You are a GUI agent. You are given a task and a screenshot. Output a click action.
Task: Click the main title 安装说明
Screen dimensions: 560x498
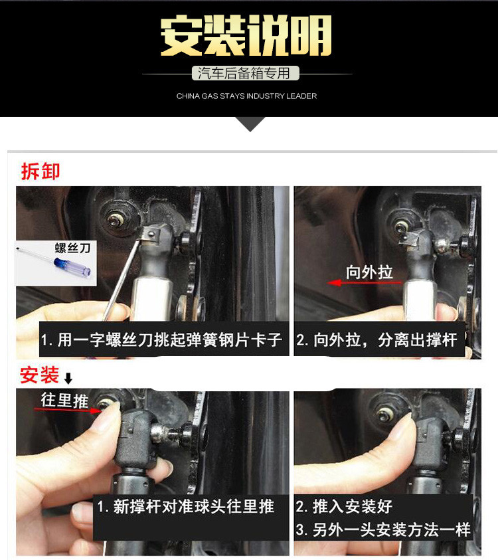[246, 37]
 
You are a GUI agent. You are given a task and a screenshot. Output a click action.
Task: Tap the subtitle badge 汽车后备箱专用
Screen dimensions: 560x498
[246, 73]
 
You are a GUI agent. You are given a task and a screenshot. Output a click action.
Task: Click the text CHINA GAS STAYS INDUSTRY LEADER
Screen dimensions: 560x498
[246, 96]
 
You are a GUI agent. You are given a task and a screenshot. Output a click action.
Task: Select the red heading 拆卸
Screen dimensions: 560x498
[40, 171]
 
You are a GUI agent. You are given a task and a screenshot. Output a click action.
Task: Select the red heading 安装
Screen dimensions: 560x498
[40, 375]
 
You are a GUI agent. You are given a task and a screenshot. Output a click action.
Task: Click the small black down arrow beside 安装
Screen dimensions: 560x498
[68, 379]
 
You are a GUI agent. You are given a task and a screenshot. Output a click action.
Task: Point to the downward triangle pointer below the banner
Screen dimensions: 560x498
[250, 124]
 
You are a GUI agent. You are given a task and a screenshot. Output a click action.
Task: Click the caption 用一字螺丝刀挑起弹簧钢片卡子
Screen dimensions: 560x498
[161, 341]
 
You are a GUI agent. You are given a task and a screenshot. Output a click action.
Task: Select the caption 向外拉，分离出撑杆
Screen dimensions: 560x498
[377, 341]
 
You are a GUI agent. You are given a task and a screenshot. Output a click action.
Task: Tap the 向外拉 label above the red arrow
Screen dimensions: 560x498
[369, 272]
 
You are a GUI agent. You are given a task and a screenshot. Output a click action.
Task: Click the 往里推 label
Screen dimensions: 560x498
[64, 400]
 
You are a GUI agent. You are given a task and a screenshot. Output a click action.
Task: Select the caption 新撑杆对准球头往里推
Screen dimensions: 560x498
[185, 507]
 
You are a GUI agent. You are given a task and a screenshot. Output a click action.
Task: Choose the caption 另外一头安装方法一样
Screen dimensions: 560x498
[383, 529]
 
